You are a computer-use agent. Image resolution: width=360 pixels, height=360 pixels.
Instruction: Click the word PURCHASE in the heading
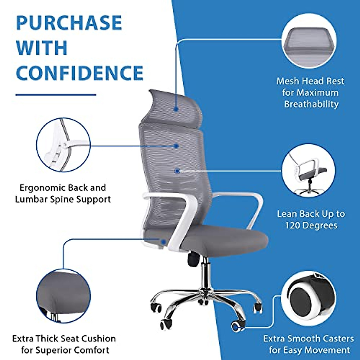[69, 23]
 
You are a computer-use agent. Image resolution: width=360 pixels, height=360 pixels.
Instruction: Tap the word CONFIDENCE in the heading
[79, 73]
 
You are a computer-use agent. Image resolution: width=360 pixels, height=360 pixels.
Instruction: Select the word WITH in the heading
[42, 48]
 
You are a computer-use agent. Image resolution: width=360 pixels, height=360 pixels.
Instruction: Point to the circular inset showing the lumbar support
[63, 145]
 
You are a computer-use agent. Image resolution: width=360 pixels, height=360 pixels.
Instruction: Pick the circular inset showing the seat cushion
[63, 296]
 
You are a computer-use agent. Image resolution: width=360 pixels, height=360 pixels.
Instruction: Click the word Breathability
[311, 104]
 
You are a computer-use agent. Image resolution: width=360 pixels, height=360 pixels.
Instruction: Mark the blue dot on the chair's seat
[163, 242]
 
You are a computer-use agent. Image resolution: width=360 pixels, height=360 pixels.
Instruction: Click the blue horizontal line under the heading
[56, 95]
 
